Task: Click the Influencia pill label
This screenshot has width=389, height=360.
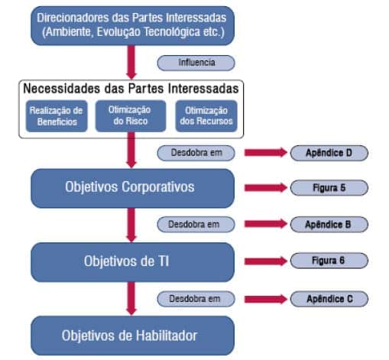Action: pyautogui.click(x=196, y=63)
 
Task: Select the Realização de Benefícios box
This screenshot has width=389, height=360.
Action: pyautogui.click(x=57, y=116)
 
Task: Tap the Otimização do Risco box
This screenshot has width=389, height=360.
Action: pyautogui.click(x=131, y=116)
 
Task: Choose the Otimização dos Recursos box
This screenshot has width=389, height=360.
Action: pyautogui.click(x=206, y=116)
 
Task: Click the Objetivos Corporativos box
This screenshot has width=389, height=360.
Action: pyautogui.click(x=132, y=188)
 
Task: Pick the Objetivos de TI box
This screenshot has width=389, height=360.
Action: pyautogui.click(x=132, y=262)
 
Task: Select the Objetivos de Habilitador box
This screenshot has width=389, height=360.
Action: pyautogui.click(x=132, y=336)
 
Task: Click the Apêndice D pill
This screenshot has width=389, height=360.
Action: pyautogui.click(x=329, y=153)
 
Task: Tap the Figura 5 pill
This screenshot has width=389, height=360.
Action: pyautogui.click(x=329, y=188)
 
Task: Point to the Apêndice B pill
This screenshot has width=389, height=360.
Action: pyautogui.click(x=329, y=225)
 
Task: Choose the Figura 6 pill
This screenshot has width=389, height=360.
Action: pyautogui.click(x=329, y=261)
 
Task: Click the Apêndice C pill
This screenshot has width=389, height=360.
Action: pyautogui.click(x=329, y=299)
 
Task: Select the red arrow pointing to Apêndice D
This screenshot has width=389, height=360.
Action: pyautogui.click(x=266, y=152)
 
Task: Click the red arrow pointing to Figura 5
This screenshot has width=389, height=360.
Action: pyautogui.click(x=266, y=188)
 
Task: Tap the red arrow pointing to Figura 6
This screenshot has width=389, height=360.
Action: pyautogui.click(x=266, y=261)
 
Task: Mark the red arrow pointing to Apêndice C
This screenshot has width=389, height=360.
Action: pyautogui.click(x=266, y=299)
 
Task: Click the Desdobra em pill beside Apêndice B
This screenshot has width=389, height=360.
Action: pyautogui.click(x=196, y=225)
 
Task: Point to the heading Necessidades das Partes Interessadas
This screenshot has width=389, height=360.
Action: pyautogui.click(x=131, y=89)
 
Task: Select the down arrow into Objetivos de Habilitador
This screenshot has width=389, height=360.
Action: pyautogui.click(x=131, y=298)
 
